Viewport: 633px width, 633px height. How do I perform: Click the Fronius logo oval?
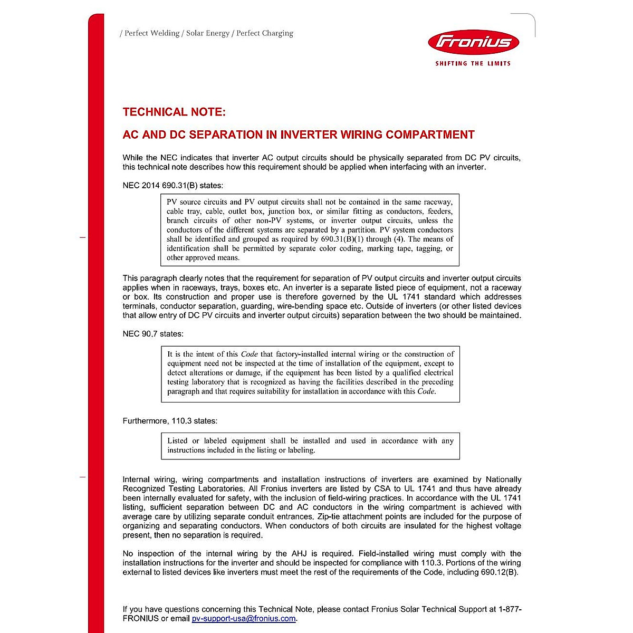click(x=473, y=42)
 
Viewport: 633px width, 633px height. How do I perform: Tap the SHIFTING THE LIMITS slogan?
click(x=473, y=63)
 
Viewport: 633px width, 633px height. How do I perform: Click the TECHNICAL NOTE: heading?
click(x=174, y=112)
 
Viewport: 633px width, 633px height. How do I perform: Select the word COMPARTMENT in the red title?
click(x=430, y=135)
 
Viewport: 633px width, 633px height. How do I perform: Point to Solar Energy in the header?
click(x=208, y=33)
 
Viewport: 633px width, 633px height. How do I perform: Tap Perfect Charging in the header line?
click(x=265, y=33)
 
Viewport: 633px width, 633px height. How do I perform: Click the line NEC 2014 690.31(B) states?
click(x=172, y=186)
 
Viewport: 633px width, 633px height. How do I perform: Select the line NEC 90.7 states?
click(x=153, y=334)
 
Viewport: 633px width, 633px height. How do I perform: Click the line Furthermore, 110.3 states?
click(x=170, y=421)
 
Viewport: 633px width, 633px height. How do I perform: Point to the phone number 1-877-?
click(x=510, y=609)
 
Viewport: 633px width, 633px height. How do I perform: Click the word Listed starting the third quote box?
click(x=177, y=441)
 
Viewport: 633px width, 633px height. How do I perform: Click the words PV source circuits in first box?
click(x=197, y=202)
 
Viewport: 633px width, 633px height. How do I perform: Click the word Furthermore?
click(x=145, y=421)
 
